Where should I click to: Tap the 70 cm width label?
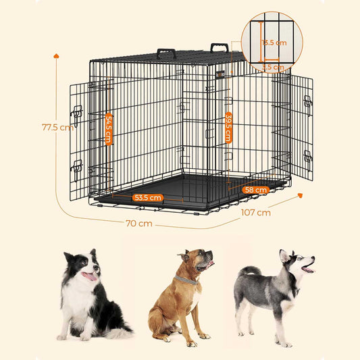(138, 223)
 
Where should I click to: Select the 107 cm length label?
(256, 212)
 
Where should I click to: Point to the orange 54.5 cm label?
(109, 129)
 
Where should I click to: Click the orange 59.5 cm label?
(229, 127)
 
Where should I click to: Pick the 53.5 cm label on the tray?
(148, 198)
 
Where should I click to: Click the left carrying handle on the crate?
(166, 53)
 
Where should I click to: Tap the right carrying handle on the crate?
(218, 48)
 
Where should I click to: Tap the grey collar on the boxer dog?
(185, 280)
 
